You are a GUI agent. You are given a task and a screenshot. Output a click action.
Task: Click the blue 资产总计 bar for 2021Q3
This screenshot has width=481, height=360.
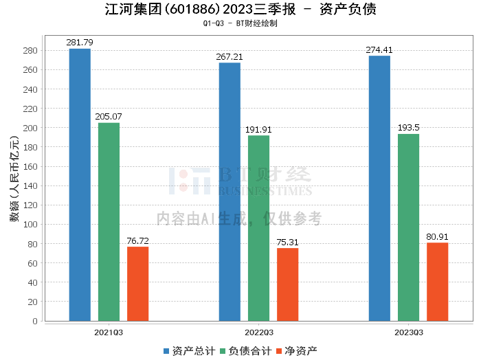(x=80, y=185)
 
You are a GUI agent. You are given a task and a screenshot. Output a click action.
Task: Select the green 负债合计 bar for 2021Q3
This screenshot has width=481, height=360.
(x=109, y=222)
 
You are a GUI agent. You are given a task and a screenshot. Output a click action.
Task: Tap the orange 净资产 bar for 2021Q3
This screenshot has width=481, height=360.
(x=137, y=284)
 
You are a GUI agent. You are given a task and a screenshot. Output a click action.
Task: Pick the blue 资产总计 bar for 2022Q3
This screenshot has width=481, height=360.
(x=230, y=192)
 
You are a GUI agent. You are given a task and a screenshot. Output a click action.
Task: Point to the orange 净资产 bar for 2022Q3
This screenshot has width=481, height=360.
(x=287, y=284)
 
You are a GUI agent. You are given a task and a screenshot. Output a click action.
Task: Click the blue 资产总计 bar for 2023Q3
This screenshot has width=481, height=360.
(x=379, y=188)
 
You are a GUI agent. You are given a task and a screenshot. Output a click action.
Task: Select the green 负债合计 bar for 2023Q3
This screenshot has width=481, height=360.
(x=408, y=227)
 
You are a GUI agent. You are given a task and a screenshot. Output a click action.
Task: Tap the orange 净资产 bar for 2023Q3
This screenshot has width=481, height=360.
(x=437, y=282)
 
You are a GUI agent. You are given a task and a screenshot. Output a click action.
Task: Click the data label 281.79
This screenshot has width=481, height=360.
(x=80, y=43)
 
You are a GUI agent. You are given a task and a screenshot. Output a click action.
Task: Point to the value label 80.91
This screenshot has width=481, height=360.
(x=437, y=237)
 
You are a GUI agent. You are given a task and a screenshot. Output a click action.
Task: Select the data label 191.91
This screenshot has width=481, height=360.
(x=258, y=129)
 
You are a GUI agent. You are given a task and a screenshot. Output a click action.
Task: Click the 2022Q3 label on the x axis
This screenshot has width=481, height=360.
(x=258, y=332)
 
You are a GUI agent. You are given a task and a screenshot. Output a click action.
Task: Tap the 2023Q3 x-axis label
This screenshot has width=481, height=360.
(x=408, y=332)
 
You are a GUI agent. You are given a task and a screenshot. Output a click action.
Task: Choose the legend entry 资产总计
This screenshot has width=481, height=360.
(x=188, y=351)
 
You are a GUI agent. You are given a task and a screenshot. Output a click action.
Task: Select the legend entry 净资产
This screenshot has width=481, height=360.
(x=296, y=351)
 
